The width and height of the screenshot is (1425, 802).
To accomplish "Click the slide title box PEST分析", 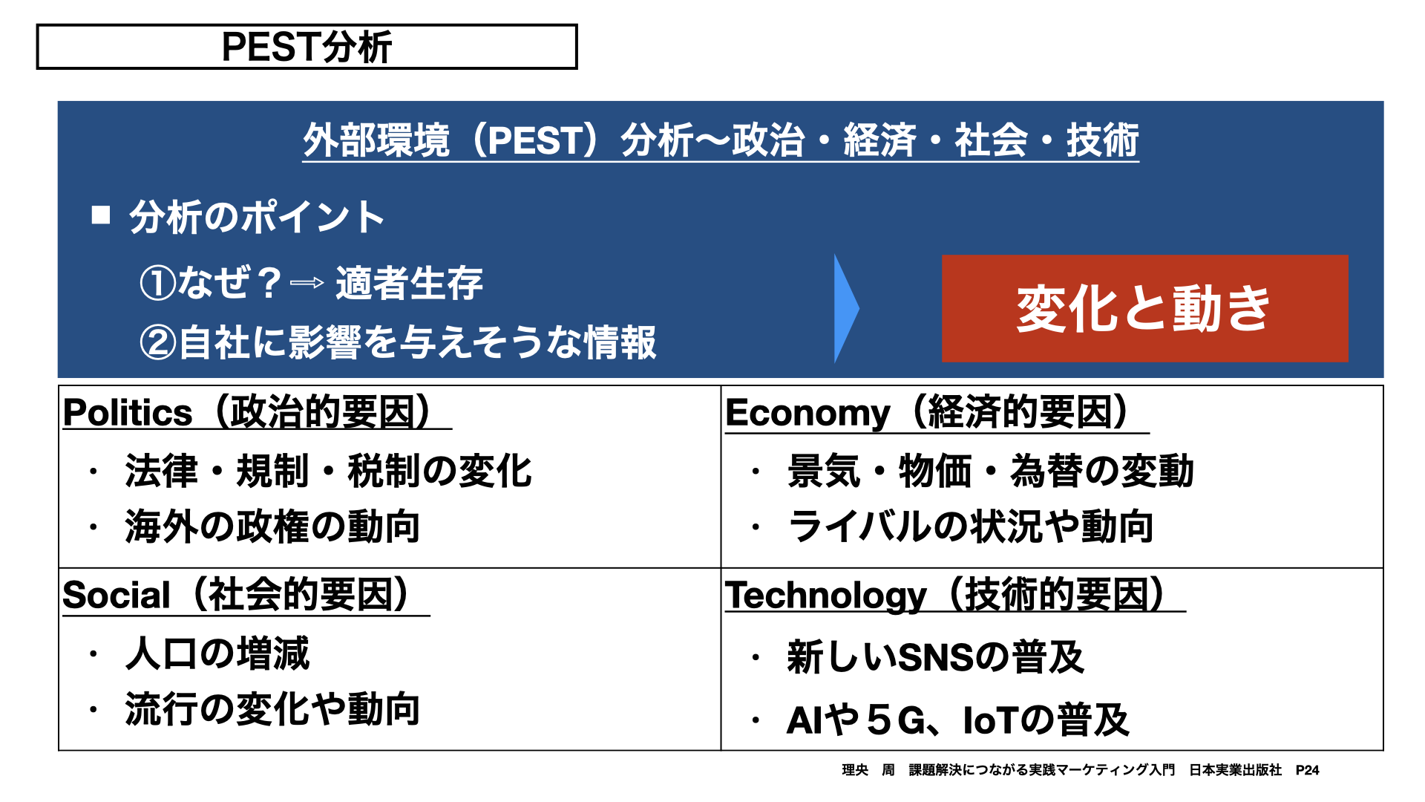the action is [307, 47].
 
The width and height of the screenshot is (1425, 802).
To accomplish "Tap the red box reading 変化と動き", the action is [1144, 308].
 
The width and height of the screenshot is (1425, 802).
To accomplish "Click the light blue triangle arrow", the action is [846, 308].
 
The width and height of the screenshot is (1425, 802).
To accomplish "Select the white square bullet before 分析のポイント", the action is [101, 215].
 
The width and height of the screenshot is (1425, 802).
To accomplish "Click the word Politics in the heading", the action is [128, 412].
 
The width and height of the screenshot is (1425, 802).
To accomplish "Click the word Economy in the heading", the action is [807, 413].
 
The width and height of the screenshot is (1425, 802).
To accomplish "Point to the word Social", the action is [117, 596].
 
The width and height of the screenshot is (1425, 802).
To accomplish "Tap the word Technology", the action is [826, 596].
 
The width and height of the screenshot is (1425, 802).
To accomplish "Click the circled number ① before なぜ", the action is [158, 284].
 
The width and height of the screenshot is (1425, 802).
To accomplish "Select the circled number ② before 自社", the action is [158, 342].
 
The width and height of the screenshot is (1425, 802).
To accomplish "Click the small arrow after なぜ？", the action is [307, 283].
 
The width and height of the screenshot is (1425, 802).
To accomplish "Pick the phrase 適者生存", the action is [409, 283].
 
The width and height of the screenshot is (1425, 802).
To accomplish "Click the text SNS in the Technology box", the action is [935, 657].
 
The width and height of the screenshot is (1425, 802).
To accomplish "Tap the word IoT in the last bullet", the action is [991, 720].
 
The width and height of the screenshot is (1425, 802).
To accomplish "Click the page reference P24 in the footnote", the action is [1307, 770].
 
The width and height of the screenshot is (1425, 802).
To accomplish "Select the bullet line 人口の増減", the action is [217, 653].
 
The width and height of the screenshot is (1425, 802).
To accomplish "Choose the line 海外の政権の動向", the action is [272, 526].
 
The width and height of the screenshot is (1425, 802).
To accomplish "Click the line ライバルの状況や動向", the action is [970, 526].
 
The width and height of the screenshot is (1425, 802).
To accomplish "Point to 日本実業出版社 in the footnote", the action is [1235, 770].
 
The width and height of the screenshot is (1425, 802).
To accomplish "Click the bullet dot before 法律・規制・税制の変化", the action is [93, 471].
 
